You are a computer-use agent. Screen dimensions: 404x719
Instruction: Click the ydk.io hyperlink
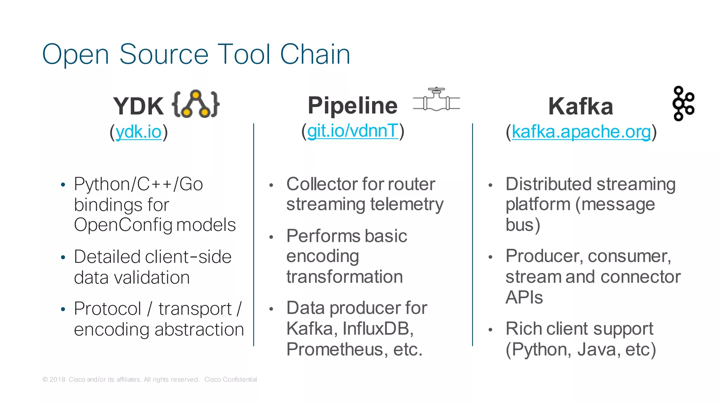point(138,132)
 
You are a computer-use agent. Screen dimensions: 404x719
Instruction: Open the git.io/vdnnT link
point(352,131)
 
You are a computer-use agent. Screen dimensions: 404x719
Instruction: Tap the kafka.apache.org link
point(581,132)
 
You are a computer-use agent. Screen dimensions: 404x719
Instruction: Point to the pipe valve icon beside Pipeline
point(436,100)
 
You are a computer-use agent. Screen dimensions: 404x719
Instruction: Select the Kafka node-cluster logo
point(683,104)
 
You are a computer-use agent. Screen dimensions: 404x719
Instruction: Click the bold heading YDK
point(138,106)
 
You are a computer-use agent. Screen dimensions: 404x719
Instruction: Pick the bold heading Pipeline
point(352,105)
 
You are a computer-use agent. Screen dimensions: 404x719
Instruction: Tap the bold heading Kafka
point(581,106)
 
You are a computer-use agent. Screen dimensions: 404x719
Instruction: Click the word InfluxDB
point(378,329)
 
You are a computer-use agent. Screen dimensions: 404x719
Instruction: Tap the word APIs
point(524,298)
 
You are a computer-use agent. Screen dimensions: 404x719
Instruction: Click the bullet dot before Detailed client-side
point(63,257)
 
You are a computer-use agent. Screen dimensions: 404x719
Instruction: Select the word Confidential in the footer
point(240,379)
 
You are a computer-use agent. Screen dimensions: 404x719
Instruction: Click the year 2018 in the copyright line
point(57,379)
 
